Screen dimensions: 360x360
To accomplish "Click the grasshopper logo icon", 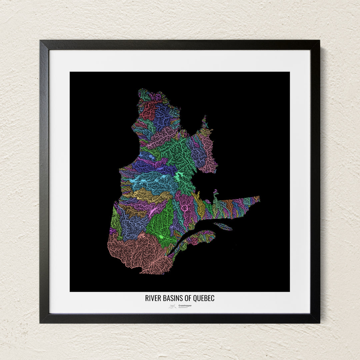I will (x=172, y=306).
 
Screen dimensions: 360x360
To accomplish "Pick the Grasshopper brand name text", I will (x=185, y=305).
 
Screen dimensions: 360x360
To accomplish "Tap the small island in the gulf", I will (x=223, y=226).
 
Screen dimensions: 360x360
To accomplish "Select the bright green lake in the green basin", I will (x=161, y=236).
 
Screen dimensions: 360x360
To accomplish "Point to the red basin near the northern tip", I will (x=148, y=111).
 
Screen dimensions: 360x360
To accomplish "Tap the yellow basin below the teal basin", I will (x=147, y=195).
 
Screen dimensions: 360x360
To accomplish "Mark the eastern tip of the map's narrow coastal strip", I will (x=259, y=199).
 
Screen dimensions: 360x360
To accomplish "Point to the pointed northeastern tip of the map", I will (x=204, y=117).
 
